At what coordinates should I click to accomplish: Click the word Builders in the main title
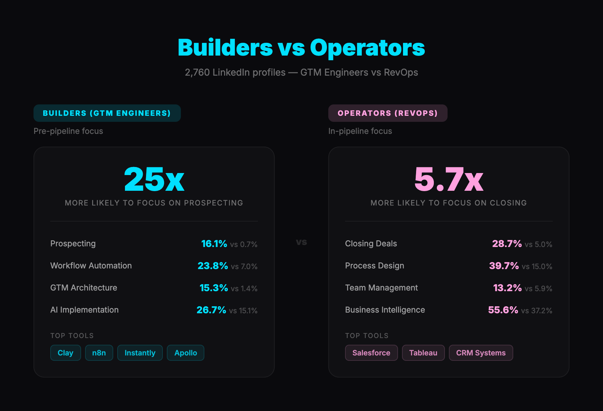pos(225,48)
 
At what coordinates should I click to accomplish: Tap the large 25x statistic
pos(154,179)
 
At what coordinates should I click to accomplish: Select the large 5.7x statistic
pos(449,179)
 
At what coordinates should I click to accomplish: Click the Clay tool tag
pos(65,353)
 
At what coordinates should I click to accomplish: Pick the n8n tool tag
pos(99,353)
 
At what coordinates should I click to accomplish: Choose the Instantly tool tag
pos(140,353)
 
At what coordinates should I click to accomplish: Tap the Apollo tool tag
pos(186,353)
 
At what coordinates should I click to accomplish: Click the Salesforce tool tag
pos(371,353)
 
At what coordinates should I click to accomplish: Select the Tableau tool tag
pos(423,353)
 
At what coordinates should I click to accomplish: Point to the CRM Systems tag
pos(481,353)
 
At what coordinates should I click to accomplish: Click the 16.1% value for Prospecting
pos(214,244)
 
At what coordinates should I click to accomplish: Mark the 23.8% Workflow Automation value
pos(213,266)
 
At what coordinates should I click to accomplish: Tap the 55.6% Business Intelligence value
pos(503,310)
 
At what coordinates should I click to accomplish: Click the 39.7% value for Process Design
pos(504,266)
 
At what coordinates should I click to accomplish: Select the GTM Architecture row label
pos(84,288)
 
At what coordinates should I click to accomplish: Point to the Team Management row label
pos(381,288)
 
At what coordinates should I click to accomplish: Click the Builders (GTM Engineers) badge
pos(107,113)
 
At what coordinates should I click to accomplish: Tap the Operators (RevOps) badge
pos(388,113)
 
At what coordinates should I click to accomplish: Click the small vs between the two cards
pos(301,242)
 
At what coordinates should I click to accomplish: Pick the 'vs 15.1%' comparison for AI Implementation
pos(243,311)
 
